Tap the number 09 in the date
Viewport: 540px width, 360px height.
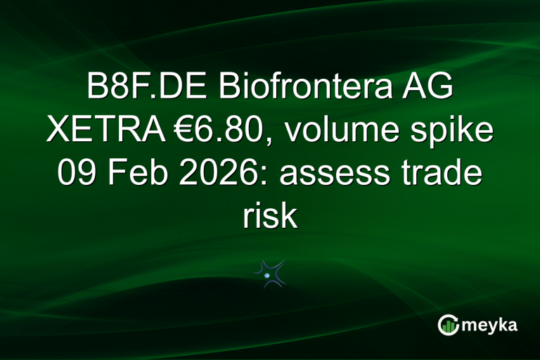[x=79, y=173]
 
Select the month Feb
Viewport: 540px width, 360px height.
[x=143, y=173]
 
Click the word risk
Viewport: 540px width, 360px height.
[x=270, y=214]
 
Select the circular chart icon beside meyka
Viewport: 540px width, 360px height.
[x=448, y=326]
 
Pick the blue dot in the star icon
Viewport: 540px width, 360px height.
[x=267, y=276]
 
